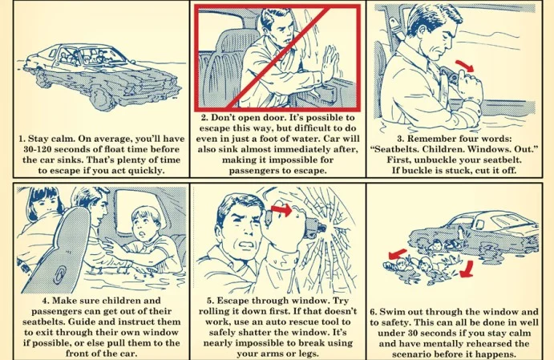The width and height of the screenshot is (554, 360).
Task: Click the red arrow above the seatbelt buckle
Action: click(465, 66)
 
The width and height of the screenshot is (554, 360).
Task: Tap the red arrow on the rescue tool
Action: click(281, 209)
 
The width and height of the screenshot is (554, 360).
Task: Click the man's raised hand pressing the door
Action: click(330, 63)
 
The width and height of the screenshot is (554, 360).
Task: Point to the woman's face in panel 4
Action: click(45, 203)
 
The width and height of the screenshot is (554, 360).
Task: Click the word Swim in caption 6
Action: click(391, 312)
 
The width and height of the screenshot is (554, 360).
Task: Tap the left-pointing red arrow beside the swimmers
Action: click(397, 253)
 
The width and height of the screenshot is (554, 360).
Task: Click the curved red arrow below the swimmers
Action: click(467, 269)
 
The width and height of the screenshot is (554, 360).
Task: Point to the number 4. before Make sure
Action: click(46, 301)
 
